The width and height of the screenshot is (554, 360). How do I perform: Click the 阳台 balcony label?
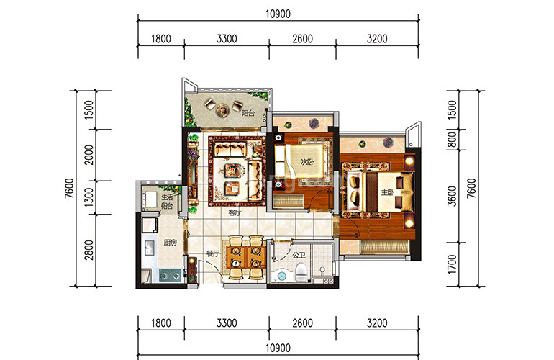[248, 114]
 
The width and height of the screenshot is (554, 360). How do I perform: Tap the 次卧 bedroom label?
[307, 162]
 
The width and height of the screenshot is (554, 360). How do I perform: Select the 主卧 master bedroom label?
[387, 192]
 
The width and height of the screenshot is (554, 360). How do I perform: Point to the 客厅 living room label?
[235, 212]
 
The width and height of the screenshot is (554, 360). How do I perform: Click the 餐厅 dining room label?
[213, 253]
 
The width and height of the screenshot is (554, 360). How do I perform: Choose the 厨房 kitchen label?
[170, 243]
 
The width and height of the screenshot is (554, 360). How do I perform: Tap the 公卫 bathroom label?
[299, 255]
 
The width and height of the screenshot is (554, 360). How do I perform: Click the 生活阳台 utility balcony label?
[167, 201]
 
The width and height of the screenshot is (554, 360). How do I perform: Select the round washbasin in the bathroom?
[281, 276]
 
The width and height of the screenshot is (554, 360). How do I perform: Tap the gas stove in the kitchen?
[170, 275]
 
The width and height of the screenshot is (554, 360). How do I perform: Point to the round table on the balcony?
[222, 109]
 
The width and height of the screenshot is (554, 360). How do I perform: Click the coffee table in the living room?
[233, 171]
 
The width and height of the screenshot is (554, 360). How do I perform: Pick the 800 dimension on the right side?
[452, 140]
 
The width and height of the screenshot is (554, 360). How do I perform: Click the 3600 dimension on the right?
[452, 196]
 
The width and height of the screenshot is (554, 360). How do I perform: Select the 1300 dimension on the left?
[89, 197]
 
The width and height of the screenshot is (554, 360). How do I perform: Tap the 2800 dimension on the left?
[89, 250]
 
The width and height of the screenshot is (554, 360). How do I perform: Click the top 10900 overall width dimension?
[278, 14]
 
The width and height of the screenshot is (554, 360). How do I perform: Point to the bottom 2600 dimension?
[302, 323]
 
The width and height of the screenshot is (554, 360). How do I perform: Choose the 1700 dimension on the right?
[452, 264]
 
